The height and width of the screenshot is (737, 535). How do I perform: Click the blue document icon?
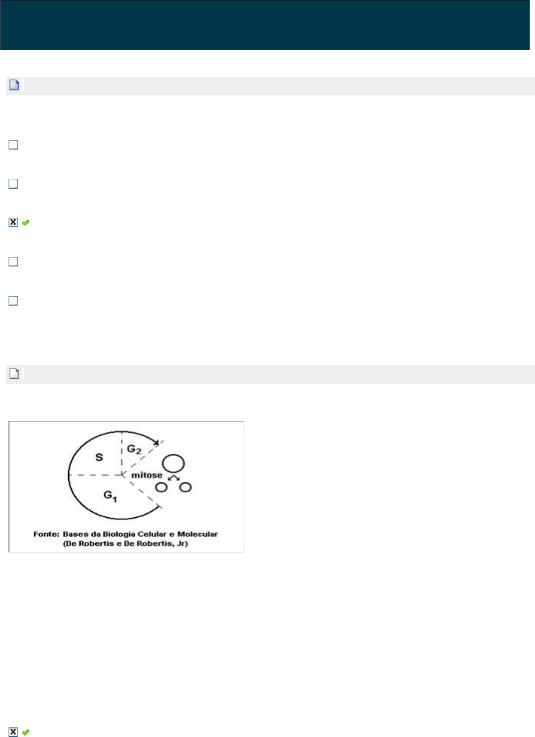tap(14, 85)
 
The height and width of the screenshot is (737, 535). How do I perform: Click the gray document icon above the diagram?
tap(14, 373)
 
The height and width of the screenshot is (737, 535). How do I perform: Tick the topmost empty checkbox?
tap(13, 145)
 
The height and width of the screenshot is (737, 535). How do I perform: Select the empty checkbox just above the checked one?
tap(13, 184)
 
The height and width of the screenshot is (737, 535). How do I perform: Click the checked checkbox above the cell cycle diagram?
tap(13, 223)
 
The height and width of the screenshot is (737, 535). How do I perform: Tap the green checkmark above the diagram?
tap(26, 223)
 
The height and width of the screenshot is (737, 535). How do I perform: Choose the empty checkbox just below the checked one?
tap(13, 261)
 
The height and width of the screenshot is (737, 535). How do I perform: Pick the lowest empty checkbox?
tap(13, 301)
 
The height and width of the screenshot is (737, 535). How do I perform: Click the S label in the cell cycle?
tap(99, 457)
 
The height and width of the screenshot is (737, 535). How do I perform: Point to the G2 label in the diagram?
tap(134, 450)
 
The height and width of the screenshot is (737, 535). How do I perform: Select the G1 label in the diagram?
tap(110, 496)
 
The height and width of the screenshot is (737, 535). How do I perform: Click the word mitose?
tap(146, 475)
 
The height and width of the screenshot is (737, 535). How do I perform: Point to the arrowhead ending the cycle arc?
tap(156, 442)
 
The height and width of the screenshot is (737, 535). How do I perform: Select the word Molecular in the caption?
tap(198, 534)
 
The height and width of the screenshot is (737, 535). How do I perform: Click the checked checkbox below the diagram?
tap(13, 732)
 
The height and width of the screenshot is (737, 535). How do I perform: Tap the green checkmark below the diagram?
tap(26, 732)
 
